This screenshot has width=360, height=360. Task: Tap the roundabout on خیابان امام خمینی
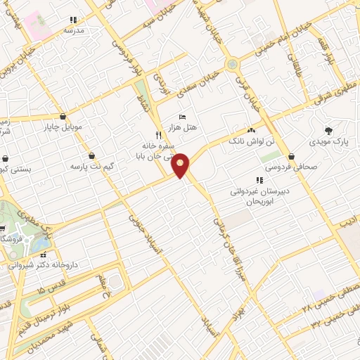231,65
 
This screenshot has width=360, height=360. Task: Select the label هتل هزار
181,128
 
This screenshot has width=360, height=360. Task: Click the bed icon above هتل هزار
183,116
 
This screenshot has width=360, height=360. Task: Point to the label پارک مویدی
329,143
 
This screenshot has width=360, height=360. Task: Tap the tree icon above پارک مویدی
328,131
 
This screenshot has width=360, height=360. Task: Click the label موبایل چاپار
63,128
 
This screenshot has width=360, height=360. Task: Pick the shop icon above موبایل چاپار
64,116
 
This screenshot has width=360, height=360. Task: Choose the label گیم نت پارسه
91,167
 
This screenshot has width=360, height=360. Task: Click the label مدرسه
74,31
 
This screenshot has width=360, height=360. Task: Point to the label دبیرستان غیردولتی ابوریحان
260,195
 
